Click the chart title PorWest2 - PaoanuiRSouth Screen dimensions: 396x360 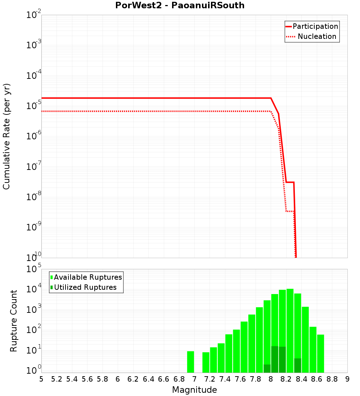[x=180, y=5]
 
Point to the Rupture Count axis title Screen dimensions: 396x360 [x=14, y=321]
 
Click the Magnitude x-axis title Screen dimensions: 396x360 [x=194, y=390]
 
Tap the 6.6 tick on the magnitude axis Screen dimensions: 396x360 [x=164, y=379]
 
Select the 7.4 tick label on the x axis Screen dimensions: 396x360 [x=225, y=379]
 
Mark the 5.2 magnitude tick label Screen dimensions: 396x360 [x=57, y=379]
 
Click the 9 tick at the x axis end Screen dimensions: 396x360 [x=347, y=379]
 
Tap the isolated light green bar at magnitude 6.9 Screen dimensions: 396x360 [x=190, y=362]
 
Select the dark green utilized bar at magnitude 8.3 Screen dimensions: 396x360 [x=297, y=365]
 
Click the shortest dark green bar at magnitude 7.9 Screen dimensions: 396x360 [x=267, y=369]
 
